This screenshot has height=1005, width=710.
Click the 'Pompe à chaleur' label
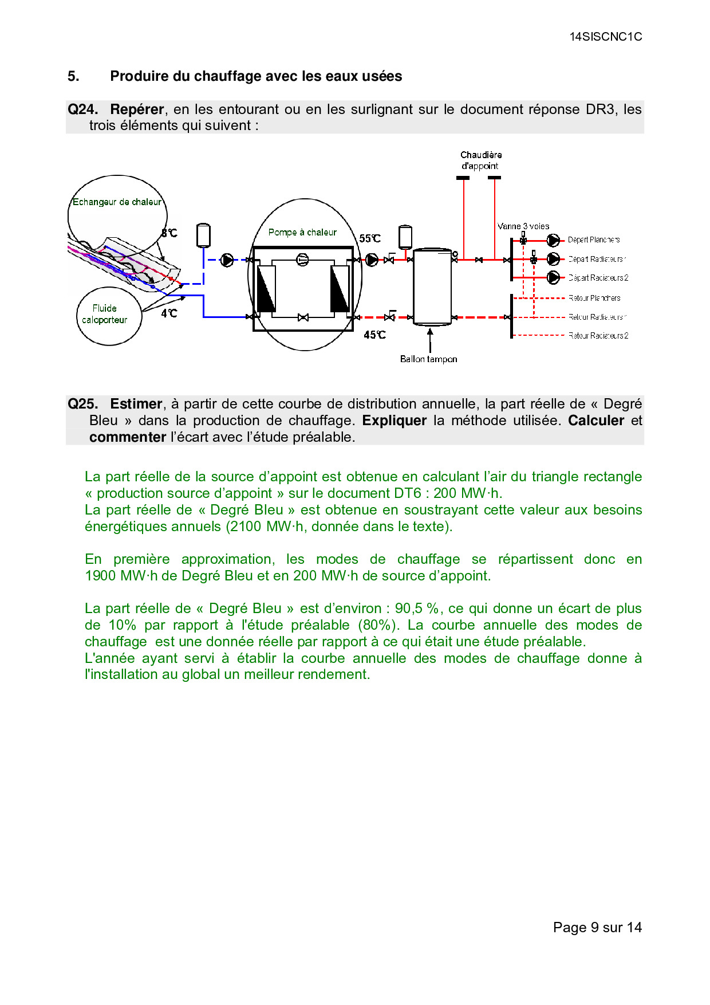(x=302, y=232)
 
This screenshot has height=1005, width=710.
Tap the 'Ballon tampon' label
(x=428, y=359)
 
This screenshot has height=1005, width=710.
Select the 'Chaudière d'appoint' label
(x=481, y=160)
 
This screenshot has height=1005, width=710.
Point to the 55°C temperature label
(x=370, y=238)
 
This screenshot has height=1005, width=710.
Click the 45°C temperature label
(x=374, y=335)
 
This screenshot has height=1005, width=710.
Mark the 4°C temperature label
(x=169, y=313)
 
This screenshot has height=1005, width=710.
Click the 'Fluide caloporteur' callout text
(x=105, y=314)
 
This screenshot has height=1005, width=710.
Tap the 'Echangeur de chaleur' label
(x=117, y=202)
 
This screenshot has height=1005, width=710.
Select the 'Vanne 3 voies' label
(x=523, y=226)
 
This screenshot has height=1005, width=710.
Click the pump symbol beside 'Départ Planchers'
(x=553, y=240)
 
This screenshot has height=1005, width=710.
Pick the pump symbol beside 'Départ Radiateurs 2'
(x=553, y=277)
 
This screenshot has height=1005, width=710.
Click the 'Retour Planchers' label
(x=594, y=298)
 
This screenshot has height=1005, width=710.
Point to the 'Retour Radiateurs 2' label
(x=598, y=336)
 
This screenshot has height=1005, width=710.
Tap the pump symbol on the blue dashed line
(x=227, y=260)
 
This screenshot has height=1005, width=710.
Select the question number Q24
(x=82, y=109)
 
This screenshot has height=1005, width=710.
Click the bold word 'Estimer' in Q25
(x=136, y=404)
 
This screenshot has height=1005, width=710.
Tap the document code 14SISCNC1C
(x=606, y=37)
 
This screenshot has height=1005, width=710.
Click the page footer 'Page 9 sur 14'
(x=597, y=927)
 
